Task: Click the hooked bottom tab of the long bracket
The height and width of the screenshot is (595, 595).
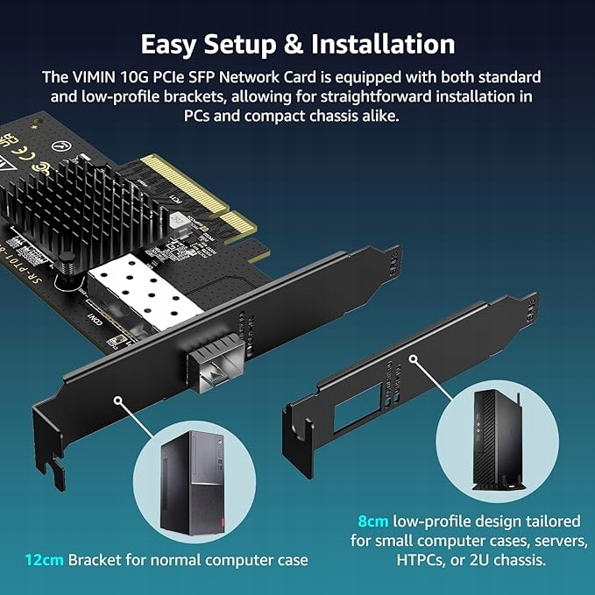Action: [55, 469]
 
